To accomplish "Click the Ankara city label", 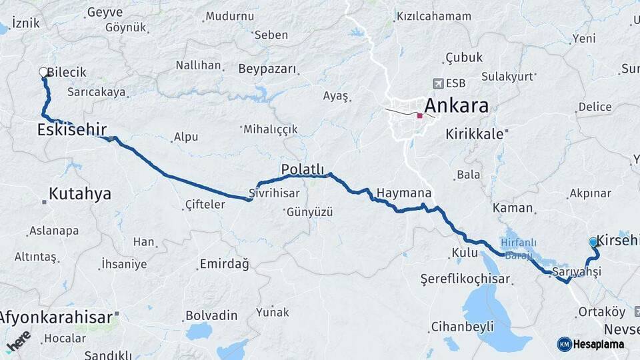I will pyautogui.click(x=456, y=105).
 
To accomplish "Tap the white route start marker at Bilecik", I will pyautogui.click(x=44, y=72).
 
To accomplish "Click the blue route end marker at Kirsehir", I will pyautogui.click(x=593, y=242).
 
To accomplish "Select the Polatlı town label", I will pyautogui.click(x=302, y=169).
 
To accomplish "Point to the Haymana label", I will pyautogui.click(x=404, y=193).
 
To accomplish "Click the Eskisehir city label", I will pyautogui.click(x=72, y=129).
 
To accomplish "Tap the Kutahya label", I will pyautogui.click(x=80, y=194).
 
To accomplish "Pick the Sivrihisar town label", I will pyautogui.click(x=273, y=193).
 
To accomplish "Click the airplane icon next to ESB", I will pyautogui.click(x=438, y=83).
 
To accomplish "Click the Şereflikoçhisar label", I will pyautogui.click(x=465, y=279).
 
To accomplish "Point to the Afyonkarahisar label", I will pyautogui.click(x=57, y=317).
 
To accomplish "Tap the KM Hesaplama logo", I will pyautogui.click(x=591, y=344).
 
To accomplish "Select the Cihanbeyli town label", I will pyautogui.click(x=462, y=327).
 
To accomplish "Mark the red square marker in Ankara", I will pyautogui.click(x=419, y=116).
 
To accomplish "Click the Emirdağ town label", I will pyautogui.click(x=224, y=265).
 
